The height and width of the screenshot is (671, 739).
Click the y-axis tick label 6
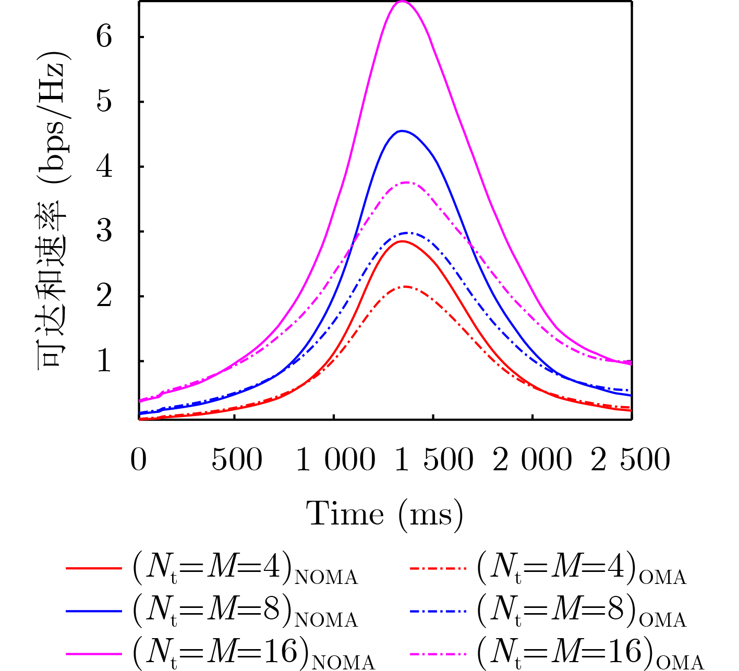coord(104,37)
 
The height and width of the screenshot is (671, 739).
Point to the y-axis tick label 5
coord(104,102)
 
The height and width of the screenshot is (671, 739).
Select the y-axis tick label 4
coord(104,167)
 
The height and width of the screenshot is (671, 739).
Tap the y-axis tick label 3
coord(104,231)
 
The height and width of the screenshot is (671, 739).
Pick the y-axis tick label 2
coord(104,296)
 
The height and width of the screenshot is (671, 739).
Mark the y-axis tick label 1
coord(104,361)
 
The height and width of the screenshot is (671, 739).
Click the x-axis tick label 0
coord(139,460)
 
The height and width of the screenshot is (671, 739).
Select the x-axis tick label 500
coord(237,460)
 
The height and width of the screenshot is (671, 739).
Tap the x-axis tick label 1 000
coord(335,460)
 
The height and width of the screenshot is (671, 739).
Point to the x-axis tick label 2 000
coord(532,460)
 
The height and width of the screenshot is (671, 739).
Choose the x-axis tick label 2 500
coord(631,460)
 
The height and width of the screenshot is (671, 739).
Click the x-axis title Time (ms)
coord(384,515)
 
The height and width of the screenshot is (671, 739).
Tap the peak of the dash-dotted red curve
coord(404,286)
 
